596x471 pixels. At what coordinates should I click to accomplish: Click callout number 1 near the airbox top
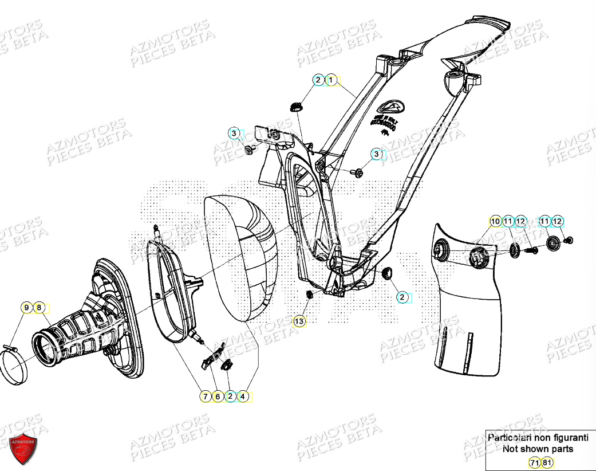[331, 80]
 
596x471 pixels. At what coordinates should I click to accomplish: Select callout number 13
[299, 321]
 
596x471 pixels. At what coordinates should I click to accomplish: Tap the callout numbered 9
[26, 308]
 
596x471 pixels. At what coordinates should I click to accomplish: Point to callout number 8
[39, 308]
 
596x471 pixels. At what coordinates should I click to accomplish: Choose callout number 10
[495, 221]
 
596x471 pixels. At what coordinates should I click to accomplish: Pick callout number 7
[205, 396]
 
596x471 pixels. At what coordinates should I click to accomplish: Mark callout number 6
[218, 396]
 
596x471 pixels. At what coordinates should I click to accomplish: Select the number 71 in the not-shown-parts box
[534, 462]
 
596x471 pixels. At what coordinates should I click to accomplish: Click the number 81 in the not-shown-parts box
[547, 462]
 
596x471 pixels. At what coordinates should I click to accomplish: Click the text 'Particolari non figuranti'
[538, 437]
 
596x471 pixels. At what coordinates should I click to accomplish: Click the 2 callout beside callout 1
[318, 80]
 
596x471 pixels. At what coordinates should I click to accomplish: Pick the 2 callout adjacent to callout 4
[230, 396]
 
